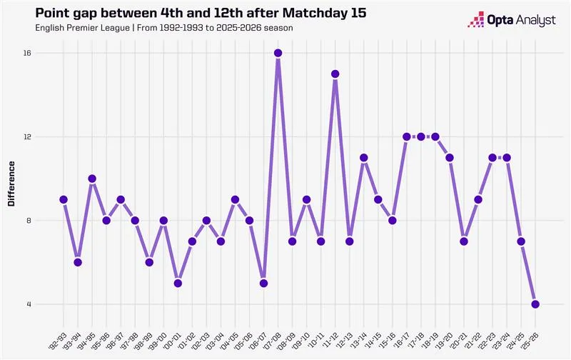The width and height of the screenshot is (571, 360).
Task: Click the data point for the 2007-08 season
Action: (278, 54)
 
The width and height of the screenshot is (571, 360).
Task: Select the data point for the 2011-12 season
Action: (335, 74)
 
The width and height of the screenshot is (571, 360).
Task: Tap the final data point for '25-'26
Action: (535, 304)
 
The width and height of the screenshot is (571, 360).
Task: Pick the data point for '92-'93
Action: (64, 200)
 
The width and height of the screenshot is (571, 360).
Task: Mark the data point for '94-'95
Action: (92, 179)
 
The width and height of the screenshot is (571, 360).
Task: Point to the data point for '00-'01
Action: (178, 284)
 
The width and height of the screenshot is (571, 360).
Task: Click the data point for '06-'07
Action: (263, 284)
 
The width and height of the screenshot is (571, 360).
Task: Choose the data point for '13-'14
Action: (363, 158)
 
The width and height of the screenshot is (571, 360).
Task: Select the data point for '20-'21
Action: (464, 241)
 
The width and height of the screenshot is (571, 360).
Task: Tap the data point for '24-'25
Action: (521, 241)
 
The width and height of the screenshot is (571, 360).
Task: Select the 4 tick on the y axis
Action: (39, 304)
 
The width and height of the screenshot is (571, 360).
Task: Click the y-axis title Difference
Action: (11, 189)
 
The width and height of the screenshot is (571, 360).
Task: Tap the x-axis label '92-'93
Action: (59, 334)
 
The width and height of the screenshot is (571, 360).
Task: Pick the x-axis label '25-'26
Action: (530, 334)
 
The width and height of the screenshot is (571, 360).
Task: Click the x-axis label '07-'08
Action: (273, 334)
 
